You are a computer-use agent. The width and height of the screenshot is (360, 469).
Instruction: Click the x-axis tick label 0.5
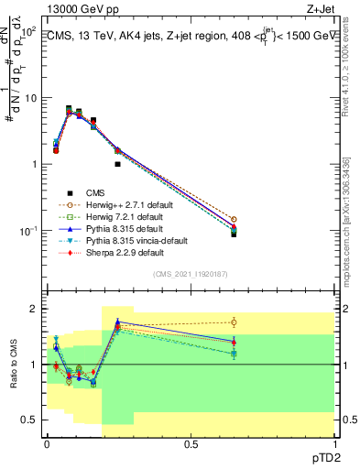click(x=191, y=443)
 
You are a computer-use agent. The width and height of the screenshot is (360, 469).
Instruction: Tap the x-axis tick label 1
click(x=333, y=443)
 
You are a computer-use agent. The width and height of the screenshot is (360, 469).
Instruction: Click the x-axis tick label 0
click(x=47, y=443)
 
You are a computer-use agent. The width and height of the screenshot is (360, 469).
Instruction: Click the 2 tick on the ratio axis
click(x=36, y=310)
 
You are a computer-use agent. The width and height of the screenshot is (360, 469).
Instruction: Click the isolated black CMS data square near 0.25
click(x=117, y=164)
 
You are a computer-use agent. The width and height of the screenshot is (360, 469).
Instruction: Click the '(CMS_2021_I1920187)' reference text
click(x=190, y=274)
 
